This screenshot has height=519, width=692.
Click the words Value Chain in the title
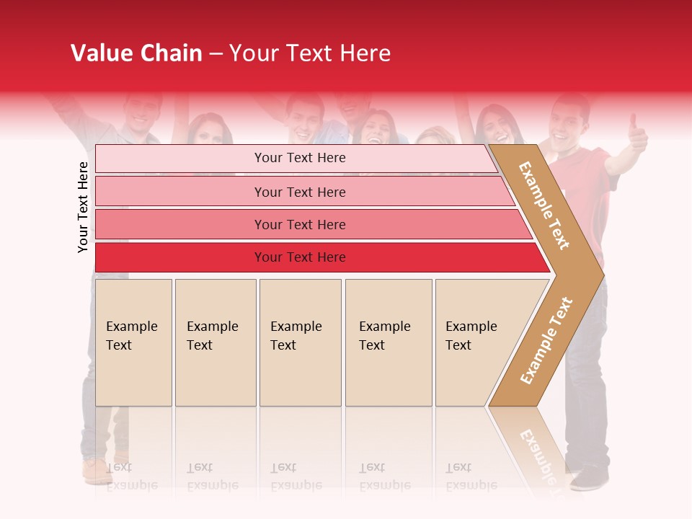(136, 53)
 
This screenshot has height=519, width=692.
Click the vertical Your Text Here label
(83, 207)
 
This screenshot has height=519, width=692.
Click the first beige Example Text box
(133, 342)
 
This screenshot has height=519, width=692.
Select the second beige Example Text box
(215, 342)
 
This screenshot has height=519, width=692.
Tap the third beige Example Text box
(300, 342)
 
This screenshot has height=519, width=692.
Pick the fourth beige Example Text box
(388, 342)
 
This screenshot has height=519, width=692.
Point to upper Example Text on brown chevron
(544, 205)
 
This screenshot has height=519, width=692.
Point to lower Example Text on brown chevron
(546, 340)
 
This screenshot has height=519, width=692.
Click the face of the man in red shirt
(567, 123)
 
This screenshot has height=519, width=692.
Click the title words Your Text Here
(309, 53)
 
